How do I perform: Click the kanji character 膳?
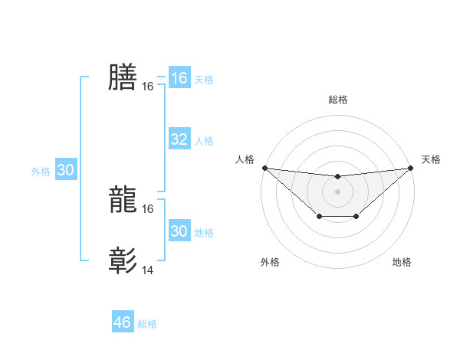click(x=123, y=77)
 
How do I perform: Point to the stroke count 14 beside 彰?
click(x=148, y=270)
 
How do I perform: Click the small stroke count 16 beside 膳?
click(x=148, y=87)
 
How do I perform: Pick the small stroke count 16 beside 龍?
click(x=148, y=209)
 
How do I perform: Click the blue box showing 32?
click(x=179, y=139)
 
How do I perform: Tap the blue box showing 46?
click(x=123, y=322)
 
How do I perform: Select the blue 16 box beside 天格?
click(x=179, y=78)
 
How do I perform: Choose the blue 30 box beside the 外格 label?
click(x=65, y=171)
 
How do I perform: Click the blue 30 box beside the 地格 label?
click(x=179, y=231)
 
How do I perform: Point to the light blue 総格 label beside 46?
click(x=147, y=324)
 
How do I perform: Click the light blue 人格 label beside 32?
click(x=204, y=141)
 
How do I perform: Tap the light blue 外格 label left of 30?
click(x=41, y=172)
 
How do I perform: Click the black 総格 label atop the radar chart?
click(x=337, y=100)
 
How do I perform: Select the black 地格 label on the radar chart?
click(x=402, y=263)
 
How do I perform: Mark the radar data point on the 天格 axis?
click(x=411, y=168)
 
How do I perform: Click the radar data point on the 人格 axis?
click(x=264, y=168)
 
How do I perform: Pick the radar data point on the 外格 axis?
click(x=319, y=217)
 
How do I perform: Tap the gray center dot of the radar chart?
click(x=337, y=191)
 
